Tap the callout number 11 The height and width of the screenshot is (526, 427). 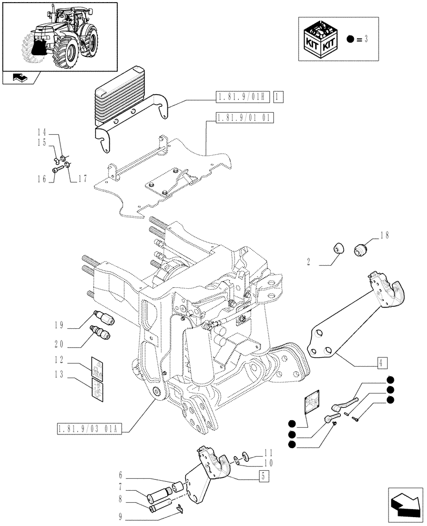tap(269, 452)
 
